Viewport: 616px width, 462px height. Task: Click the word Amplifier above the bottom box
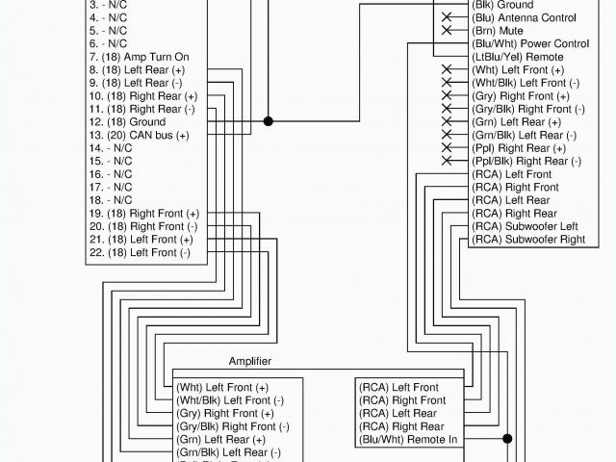click(x=250, y=361)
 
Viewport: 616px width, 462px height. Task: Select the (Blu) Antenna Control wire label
click(x=525, y=18)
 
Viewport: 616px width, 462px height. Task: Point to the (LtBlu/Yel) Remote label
click(x=519, y=57)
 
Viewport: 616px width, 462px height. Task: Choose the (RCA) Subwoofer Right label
click(x=529, y=239)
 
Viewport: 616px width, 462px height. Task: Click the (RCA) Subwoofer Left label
click(x=526, y=226)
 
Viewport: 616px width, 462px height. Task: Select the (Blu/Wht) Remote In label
click(x=408, y=439)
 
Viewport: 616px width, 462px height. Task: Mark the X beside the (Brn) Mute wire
click(x=447, y=31)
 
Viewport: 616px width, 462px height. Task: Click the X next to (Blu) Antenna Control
click(x=447, y=18)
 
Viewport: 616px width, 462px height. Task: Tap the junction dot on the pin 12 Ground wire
click(x=269, y=121)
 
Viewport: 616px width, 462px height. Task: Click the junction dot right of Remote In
click(x=506, y=439)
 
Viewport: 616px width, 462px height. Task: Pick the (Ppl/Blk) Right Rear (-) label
click(x=526, y=161)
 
